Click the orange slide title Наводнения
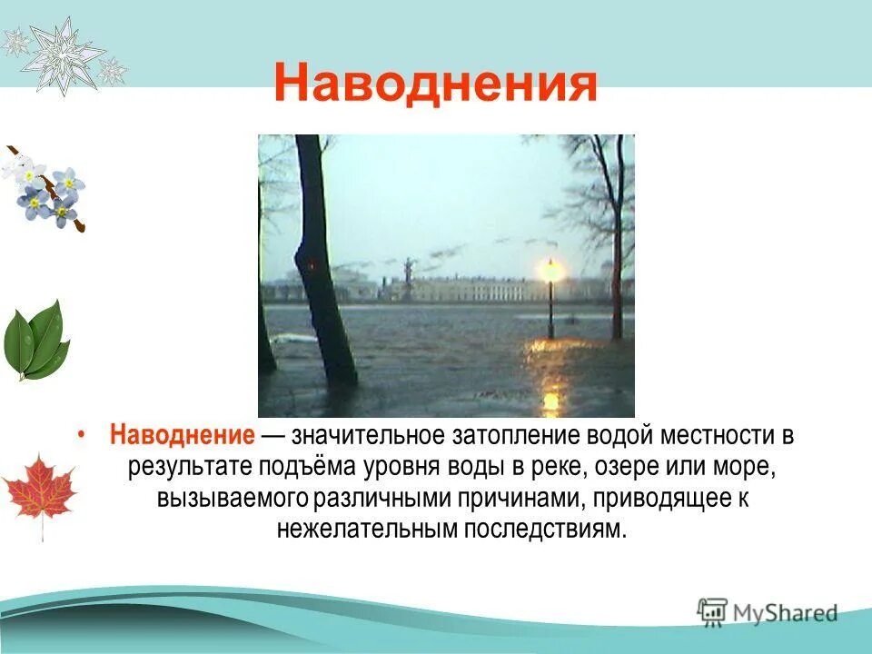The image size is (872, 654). click(x=436, y=84)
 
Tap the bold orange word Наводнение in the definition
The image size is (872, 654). click(x=182, y=435)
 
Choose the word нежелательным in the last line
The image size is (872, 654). click(x=365, y=529)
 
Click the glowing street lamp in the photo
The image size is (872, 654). click(x=550, y=271)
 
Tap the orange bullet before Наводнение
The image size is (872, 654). click(x=82, y=436)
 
